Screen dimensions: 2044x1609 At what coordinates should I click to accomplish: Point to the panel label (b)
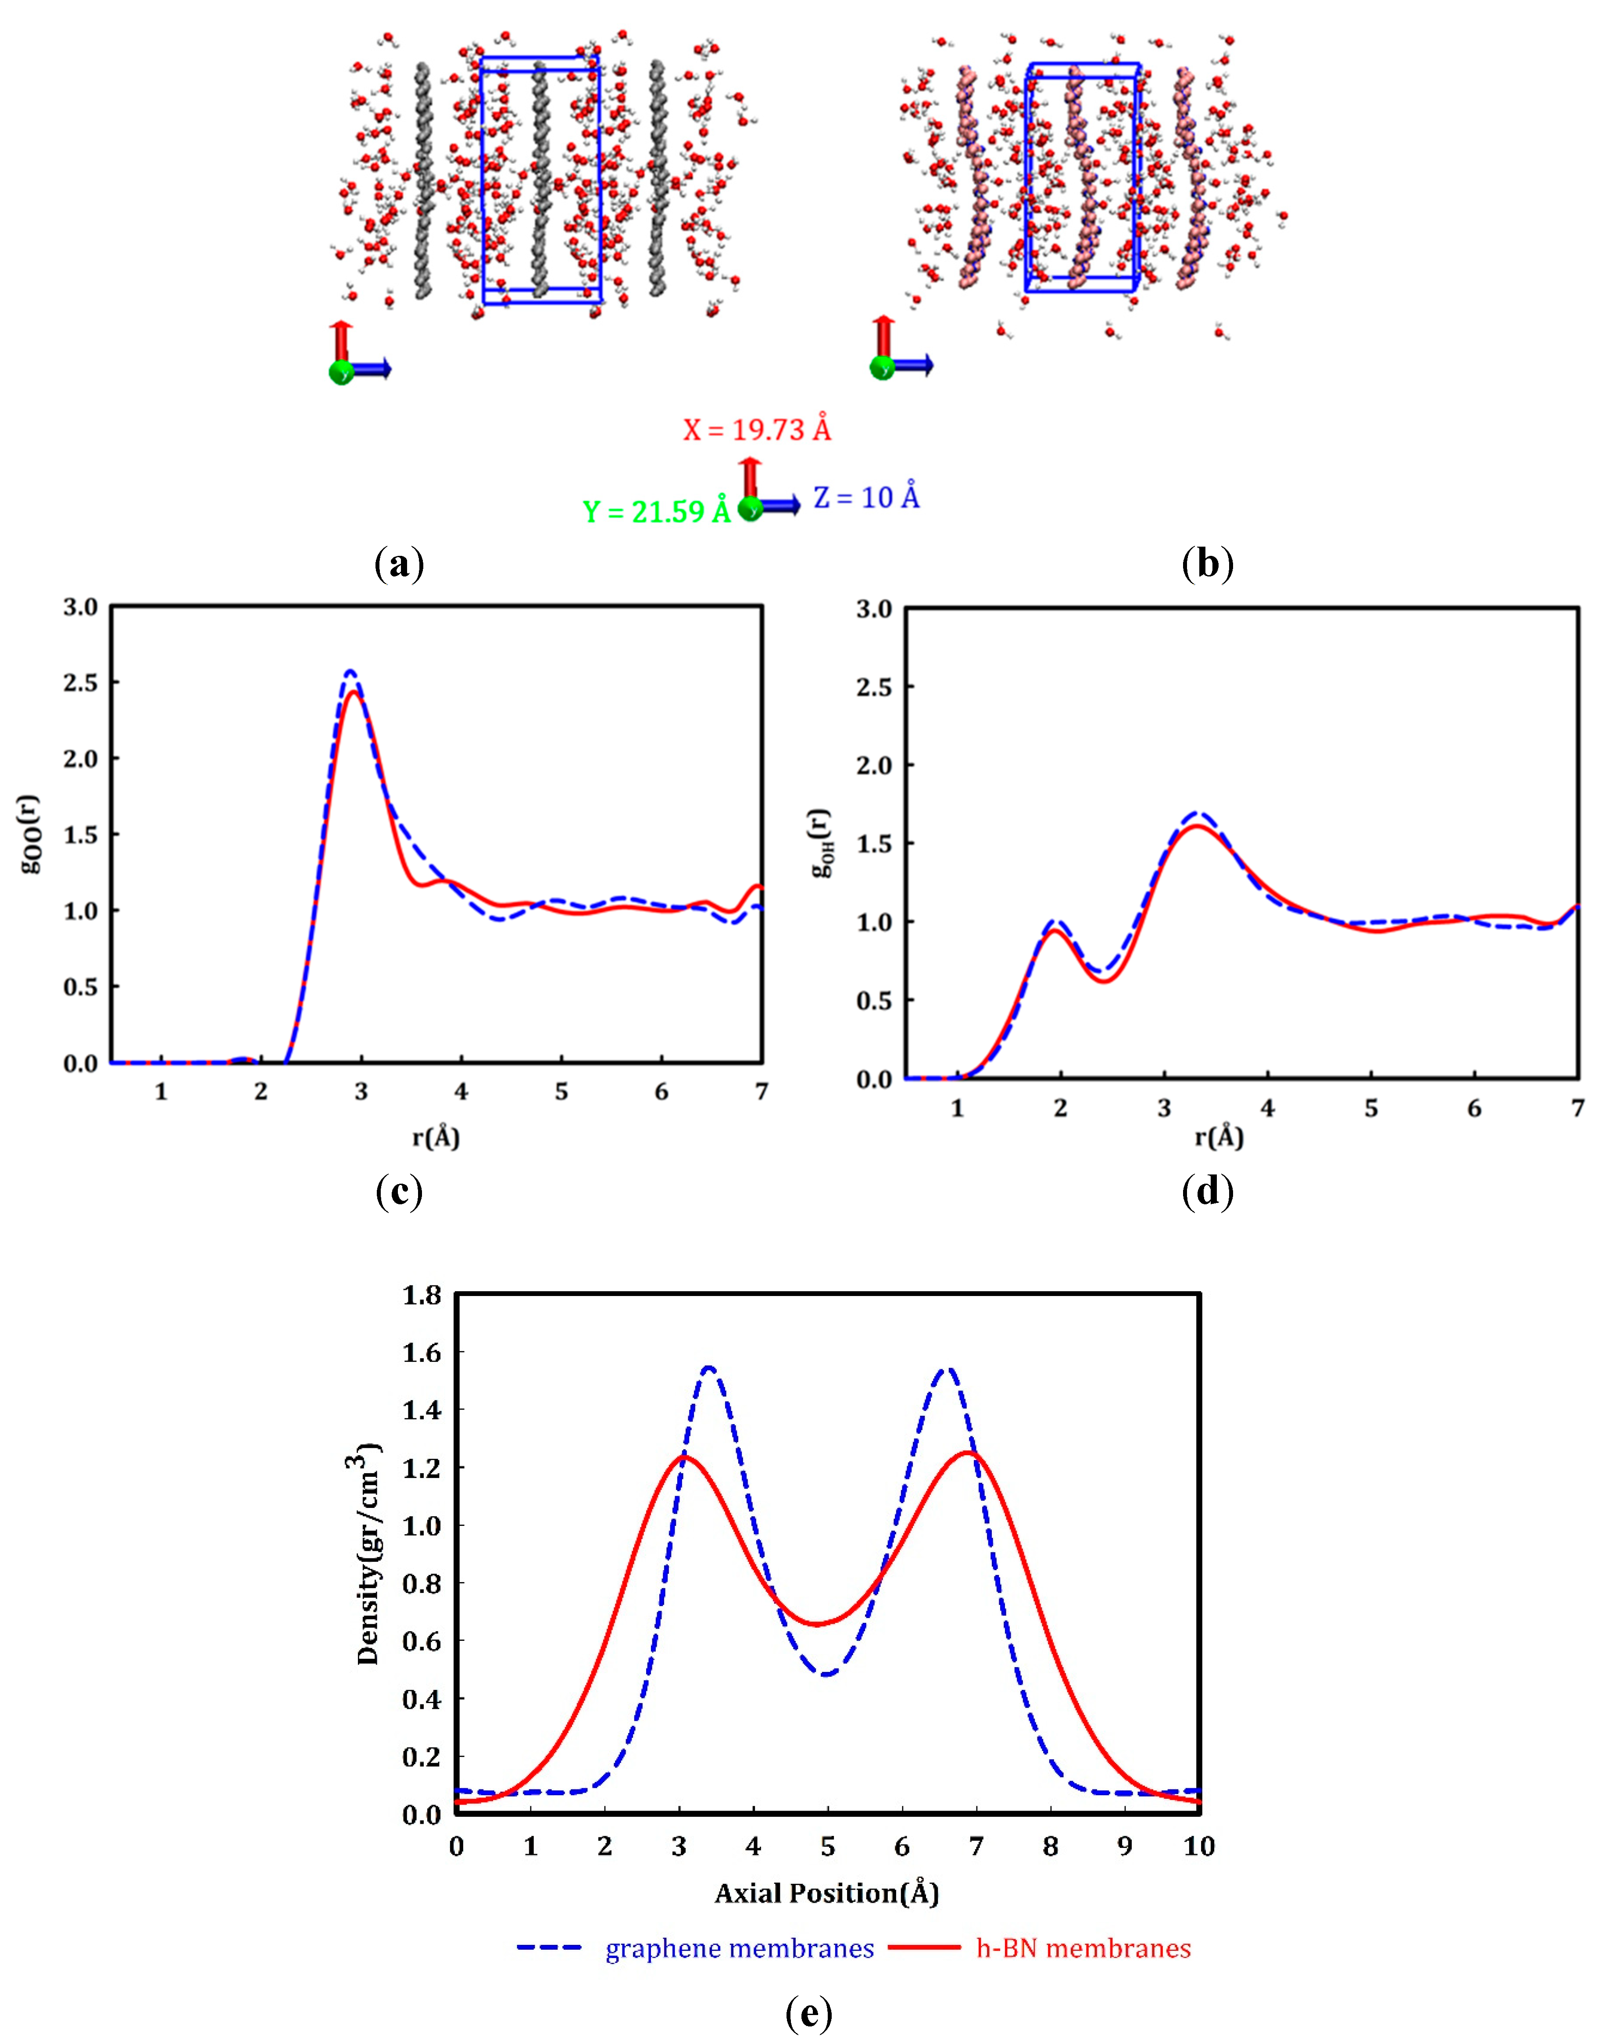pos(1207,564)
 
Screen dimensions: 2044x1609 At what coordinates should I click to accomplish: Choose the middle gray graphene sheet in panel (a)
pos(540,179)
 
